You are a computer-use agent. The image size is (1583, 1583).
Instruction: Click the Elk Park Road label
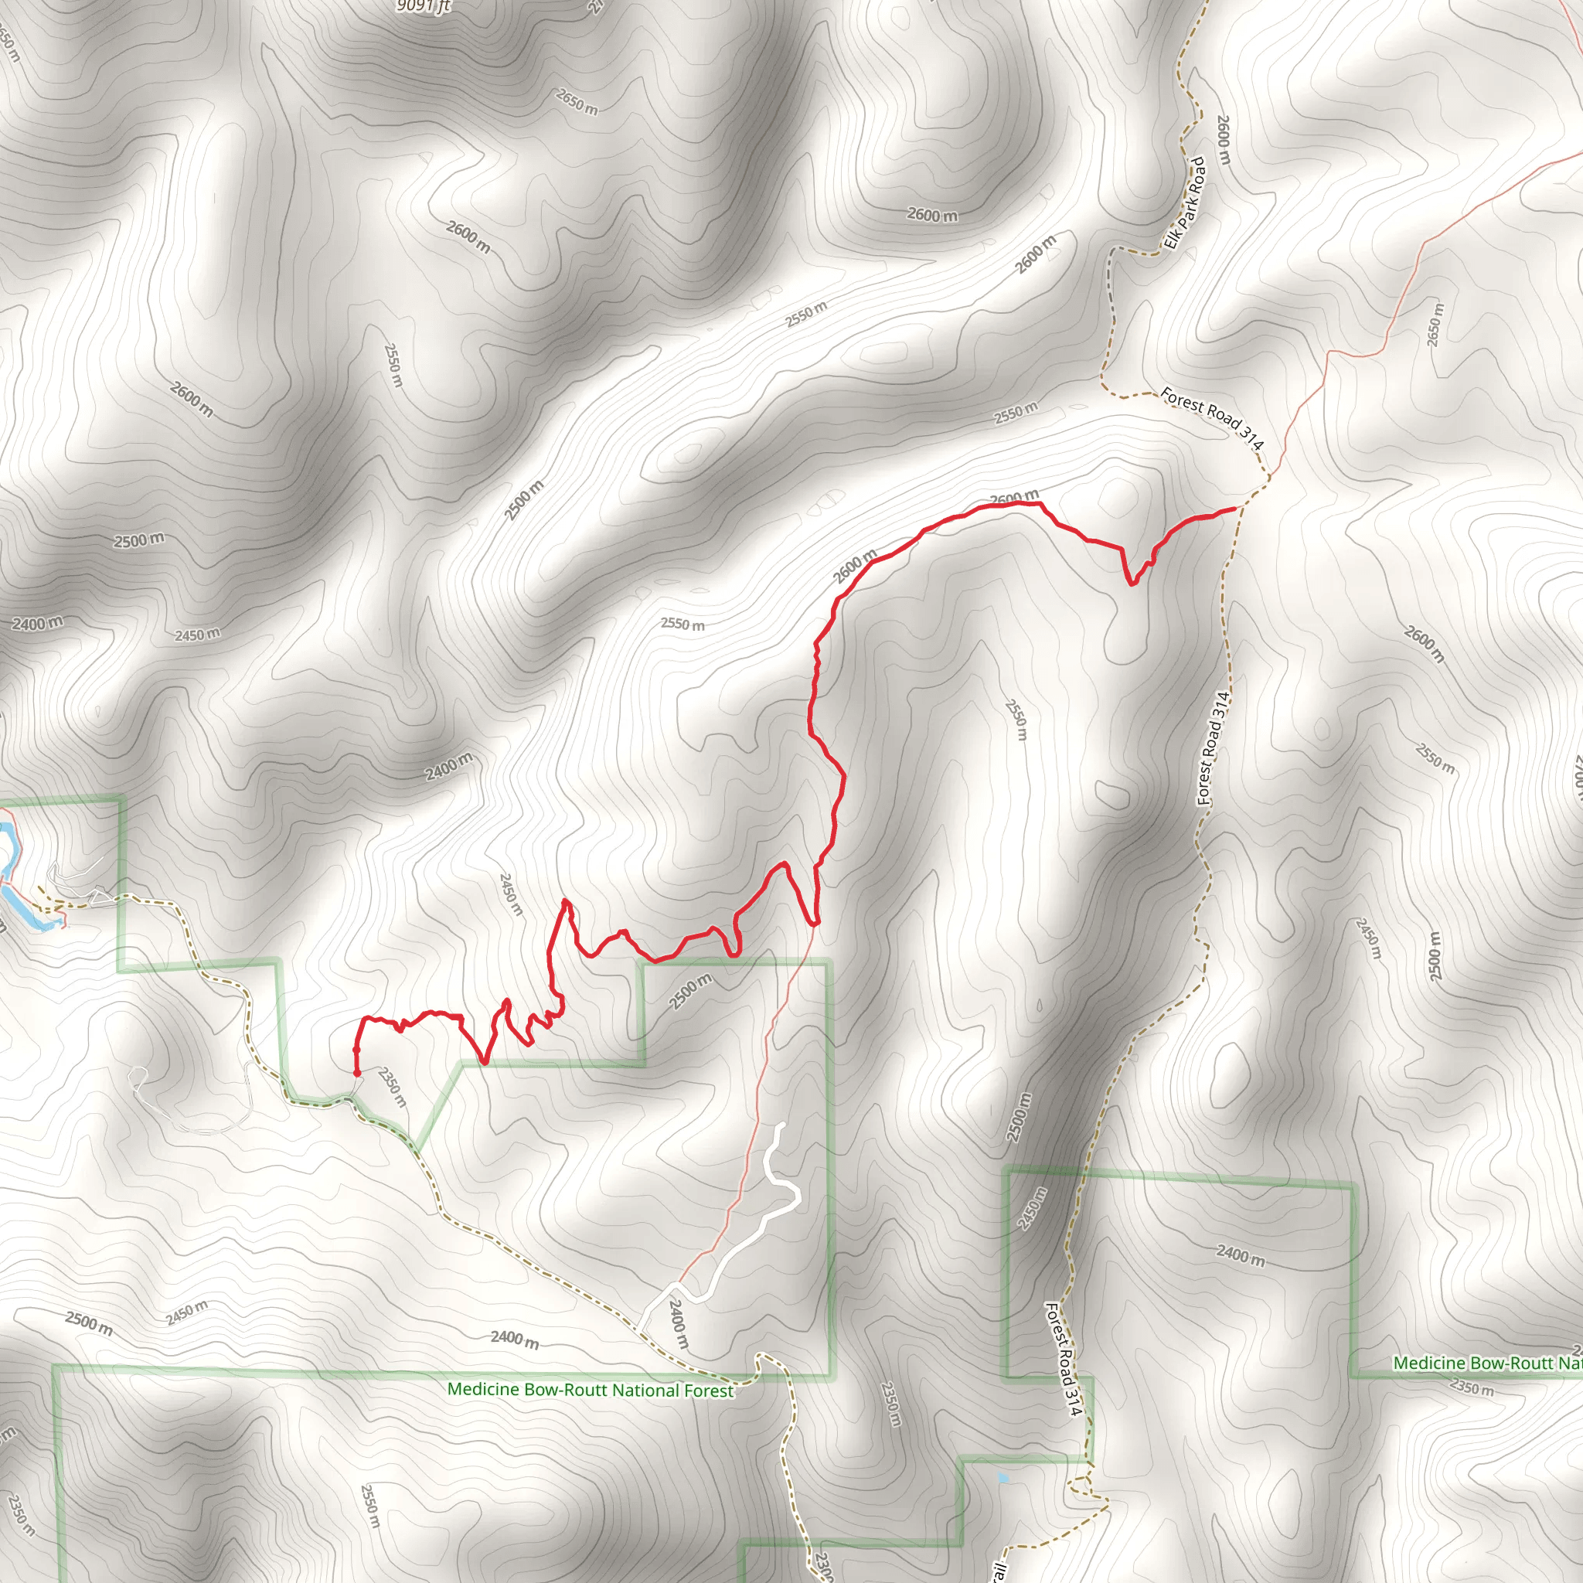1186,203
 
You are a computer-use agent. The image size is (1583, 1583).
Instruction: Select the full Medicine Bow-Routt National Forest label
590,1391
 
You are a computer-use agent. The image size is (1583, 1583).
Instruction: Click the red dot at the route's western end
357,1073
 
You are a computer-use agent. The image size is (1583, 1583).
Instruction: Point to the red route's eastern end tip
1234,509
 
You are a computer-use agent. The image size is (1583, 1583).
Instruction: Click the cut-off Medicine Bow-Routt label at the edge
1487,1363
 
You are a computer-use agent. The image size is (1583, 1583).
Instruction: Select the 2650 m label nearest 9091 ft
577,101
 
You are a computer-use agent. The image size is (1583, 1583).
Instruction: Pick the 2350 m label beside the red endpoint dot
393,1087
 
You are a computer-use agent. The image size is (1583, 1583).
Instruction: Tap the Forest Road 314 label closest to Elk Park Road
1213,418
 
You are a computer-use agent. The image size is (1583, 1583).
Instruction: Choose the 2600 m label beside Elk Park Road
1224,139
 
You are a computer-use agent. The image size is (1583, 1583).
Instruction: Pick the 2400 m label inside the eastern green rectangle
1241,1254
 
